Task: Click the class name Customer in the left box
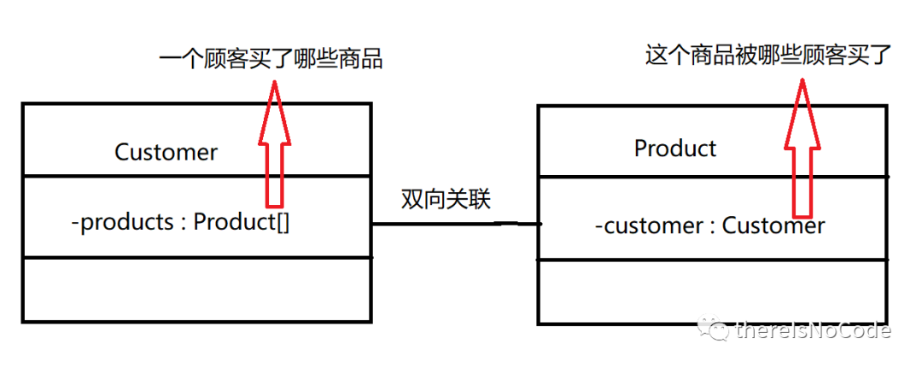point(166,152)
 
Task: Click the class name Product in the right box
point(674,148)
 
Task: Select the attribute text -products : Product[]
point(181,222)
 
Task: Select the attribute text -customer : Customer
point(709,225)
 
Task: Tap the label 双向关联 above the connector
point(446,198)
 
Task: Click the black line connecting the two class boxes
point(452,225)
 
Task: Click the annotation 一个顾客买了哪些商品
point(271,59)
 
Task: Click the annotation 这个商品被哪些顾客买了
point(767,56)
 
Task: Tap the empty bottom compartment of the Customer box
point(196,289)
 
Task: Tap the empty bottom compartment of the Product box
point(712,291)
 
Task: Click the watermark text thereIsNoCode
point(812,331)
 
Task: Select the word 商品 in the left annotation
point(359,59)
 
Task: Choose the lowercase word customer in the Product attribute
point(654,225)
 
